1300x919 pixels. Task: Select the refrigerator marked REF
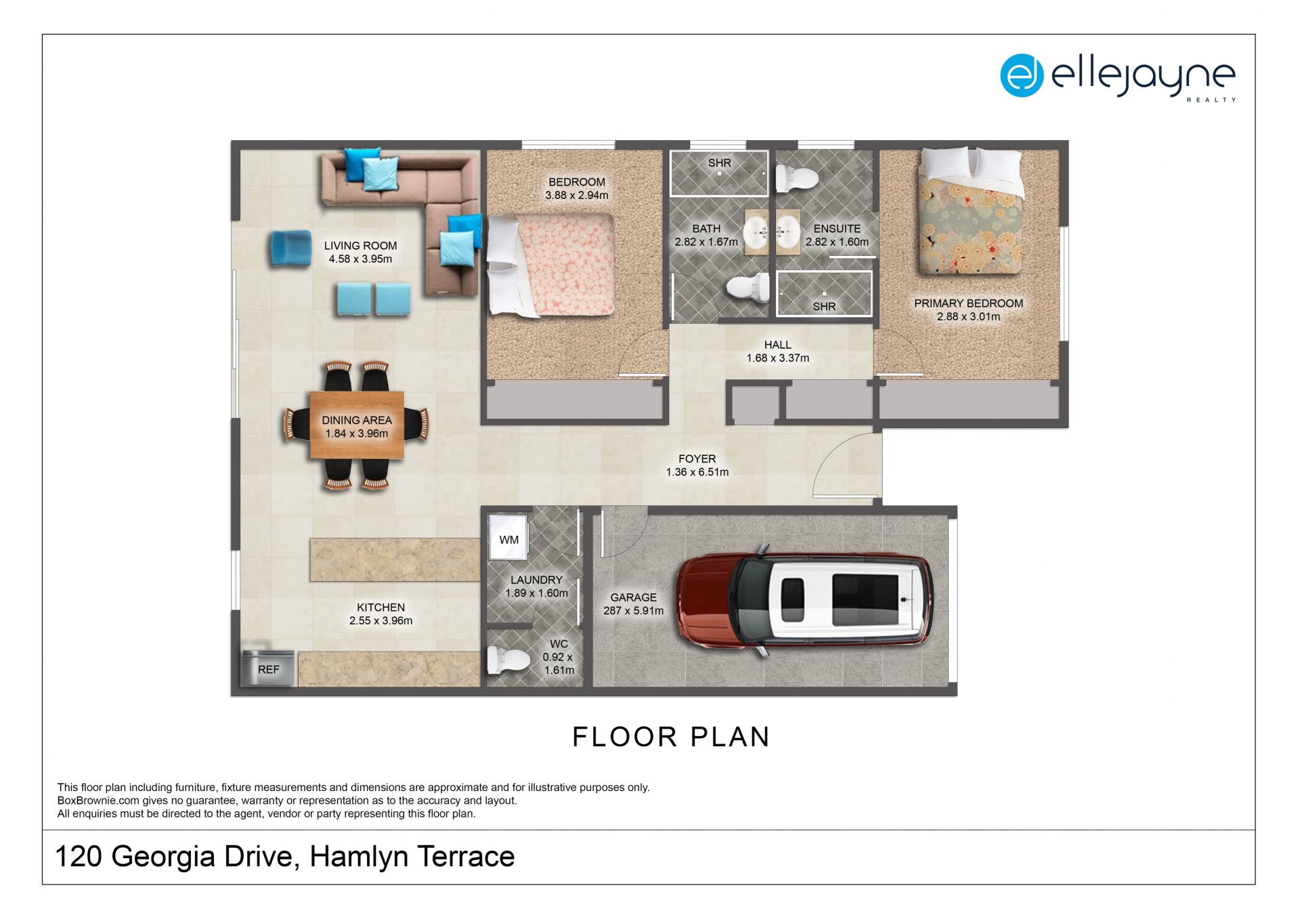tap(268, 668)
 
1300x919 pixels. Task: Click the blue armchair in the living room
tap(290, 249)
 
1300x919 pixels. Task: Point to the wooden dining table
tap(357, 425)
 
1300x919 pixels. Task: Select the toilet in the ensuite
tap(797, 178)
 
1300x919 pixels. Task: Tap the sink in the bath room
tap(756, 232)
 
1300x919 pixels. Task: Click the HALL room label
tap(777, 345)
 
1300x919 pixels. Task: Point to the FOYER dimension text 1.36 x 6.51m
tap(697, 472)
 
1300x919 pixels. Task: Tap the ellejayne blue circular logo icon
tap(1022, 75)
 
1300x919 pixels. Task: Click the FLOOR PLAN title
tap(671, 737)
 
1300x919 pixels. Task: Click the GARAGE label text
tap(633, 597)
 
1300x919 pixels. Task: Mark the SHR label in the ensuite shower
tap(824, 307)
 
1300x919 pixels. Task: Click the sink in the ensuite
tap(787, 232)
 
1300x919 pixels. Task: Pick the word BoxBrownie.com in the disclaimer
tap(98, 800)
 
